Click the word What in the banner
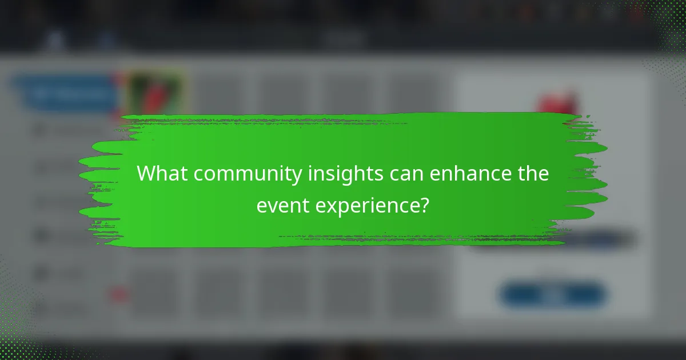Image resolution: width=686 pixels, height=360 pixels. pos(161,174)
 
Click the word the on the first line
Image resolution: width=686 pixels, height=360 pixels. pos(533,174)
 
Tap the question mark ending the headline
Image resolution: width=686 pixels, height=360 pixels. pos(424,205)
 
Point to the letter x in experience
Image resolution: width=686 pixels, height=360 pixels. pos(332,205)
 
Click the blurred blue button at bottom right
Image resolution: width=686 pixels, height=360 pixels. pos(553,295)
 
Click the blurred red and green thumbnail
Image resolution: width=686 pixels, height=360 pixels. pos(154,91)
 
